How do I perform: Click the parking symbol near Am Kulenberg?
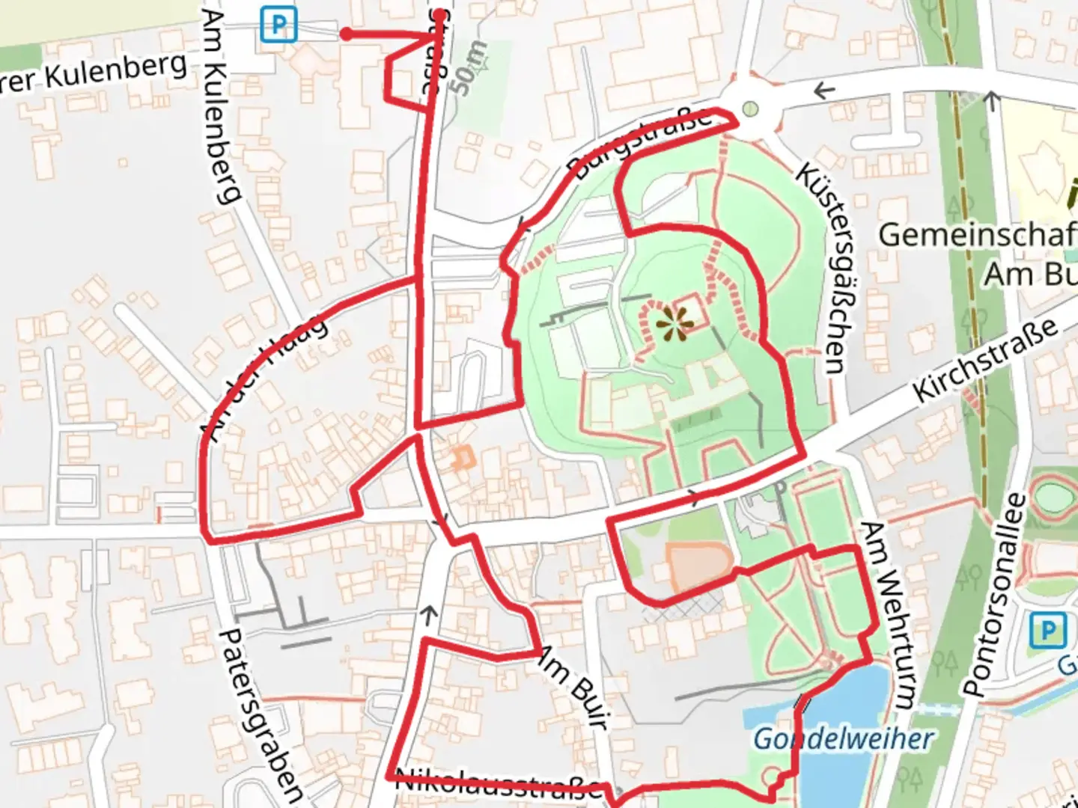pos(278,25)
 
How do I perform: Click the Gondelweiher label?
pos(843,739)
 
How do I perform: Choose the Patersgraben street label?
pos(263,714)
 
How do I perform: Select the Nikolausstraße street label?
pos(498,783)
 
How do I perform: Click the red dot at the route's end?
pos(347,34)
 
